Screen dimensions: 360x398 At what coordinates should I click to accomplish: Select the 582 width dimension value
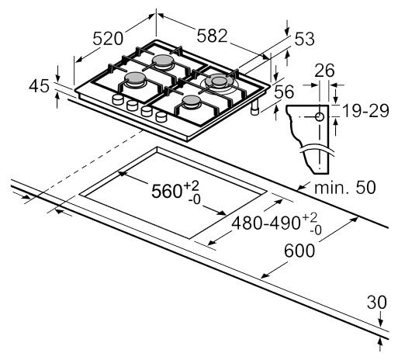(210, 35)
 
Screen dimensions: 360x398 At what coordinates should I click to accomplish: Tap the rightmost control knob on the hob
(161, 117)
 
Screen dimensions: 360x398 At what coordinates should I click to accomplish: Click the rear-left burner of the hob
(164, 61)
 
